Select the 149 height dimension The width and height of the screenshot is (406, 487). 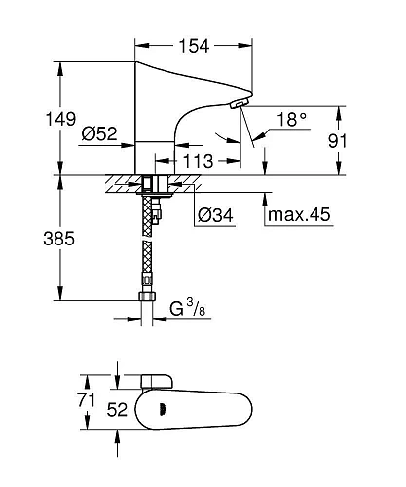coord(36,119)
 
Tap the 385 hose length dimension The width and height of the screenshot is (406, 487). coord(36,237)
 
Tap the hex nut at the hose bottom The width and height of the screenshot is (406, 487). coord(147,297)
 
